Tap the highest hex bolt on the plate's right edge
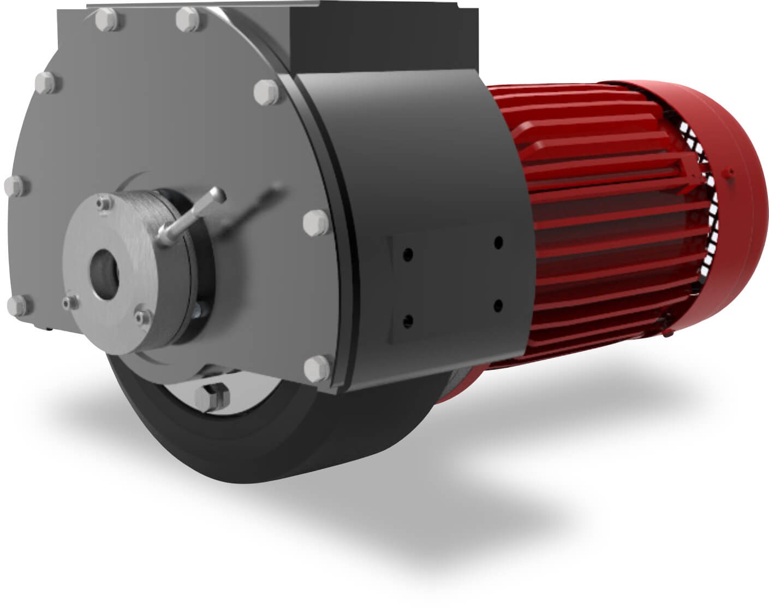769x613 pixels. coord(266,91)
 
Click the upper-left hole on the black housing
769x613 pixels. coord(408,255)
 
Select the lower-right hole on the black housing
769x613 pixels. coord(497,305)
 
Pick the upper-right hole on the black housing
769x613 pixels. coord(498,243)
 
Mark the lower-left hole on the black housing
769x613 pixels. coord(407,321)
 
